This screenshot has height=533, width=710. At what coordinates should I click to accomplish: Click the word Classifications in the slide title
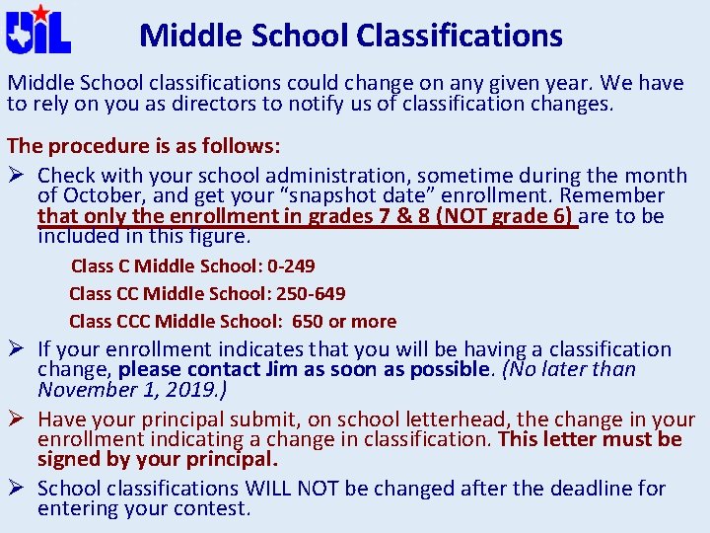click(460, 37)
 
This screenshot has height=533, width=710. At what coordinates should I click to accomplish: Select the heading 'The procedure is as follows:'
click(144, 146)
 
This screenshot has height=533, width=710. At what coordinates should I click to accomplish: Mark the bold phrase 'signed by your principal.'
click(158, 459)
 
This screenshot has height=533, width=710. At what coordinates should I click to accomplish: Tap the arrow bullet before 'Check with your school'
click(18, 176)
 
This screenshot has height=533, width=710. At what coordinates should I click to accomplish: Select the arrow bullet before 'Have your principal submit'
click(18, 419)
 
